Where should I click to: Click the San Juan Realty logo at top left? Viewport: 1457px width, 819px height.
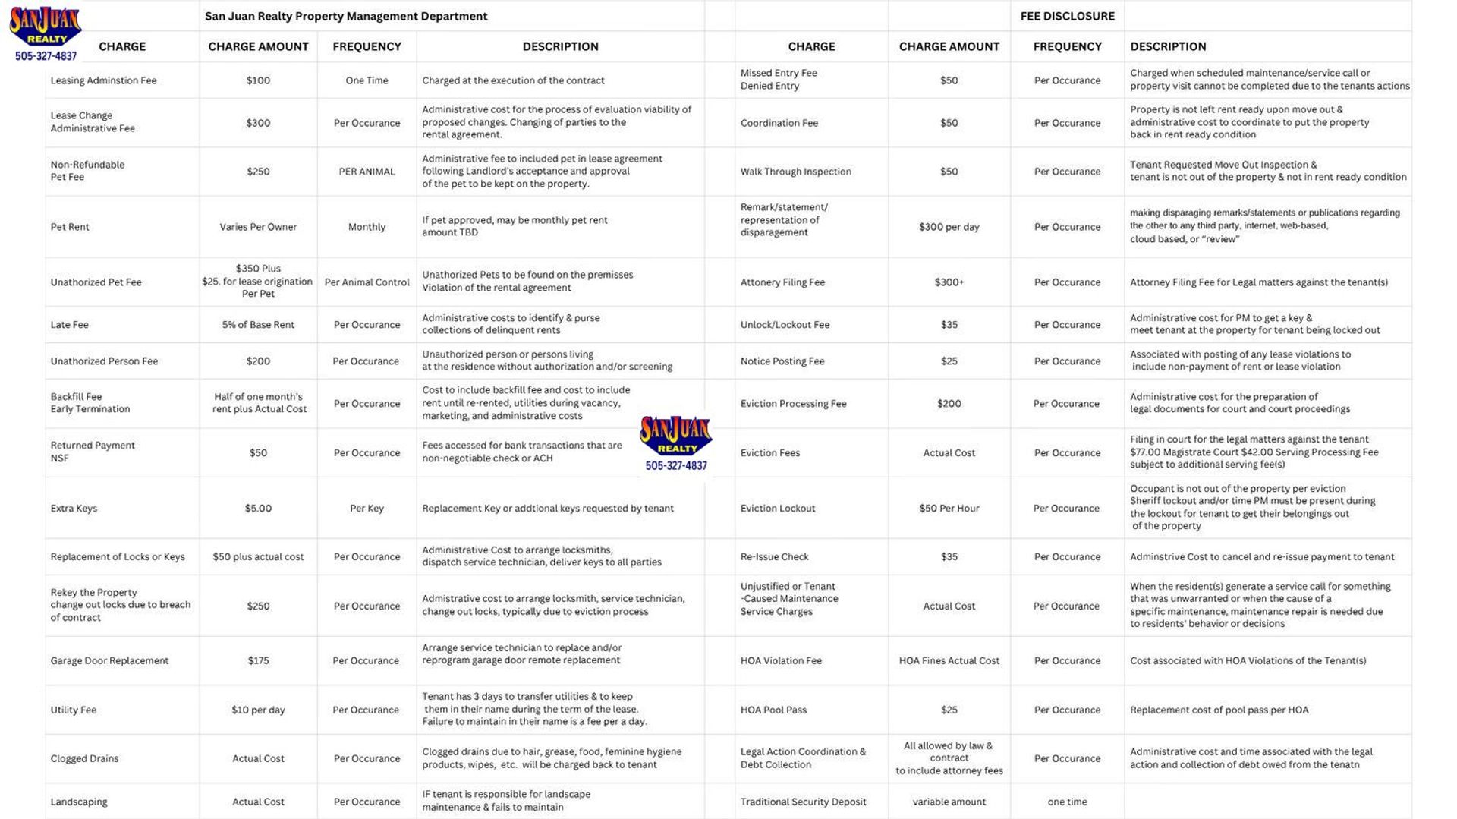[x=46, y=30]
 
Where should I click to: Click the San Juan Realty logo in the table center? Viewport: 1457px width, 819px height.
[x=675, y=444]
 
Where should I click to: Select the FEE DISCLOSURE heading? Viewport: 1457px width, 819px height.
[x=1067, y=16]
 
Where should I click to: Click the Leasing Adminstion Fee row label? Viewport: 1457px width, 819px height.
[x=103, y=80]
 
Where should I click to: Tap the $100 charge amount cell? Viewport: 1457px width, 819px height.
[x=258, y=80]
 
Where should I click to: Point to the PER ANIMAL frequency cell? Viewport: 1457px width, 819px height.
[x=367, y=172]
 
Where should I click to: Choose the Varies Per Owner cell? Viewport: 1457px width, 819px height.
[x=258, y=227]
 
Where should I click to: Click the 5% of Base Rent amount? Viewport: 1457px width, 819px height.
[x=258, y=325]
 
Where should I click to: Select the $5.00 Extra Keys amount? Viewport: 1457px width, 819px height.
[x=258, y=509]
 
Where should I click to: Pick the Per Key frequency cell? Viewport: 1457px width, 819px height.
[x=367, y=509]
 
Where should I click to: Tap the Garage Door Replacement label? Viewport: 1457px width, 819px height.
[x=109, y=661]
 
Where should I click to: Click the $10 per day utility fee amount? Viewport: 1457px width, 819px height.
[x=258, y=710]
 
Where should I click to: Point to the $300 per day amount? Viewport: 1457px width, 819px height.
[x=949, y=227]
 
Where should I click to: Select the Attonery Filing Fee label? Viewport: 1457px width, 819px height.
[x=782, y=282]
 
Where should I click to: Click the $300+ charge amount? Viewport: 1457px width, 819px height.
[x=949, y=282]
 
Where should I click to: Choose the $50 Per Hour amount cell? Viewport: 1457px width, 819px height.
[x=949, y=509]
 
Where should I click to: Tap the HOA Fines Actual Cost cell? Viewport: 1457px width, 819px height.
[x=949, y=661]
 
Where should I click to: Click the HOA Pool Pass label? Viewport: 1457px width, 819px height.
[x=773, y=710]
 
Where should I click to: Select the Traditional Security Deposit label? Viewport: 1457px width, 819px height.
[x=803, y=802]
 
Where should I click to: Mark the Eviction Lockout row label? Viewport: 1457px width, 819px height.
[x=778, y=509]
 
